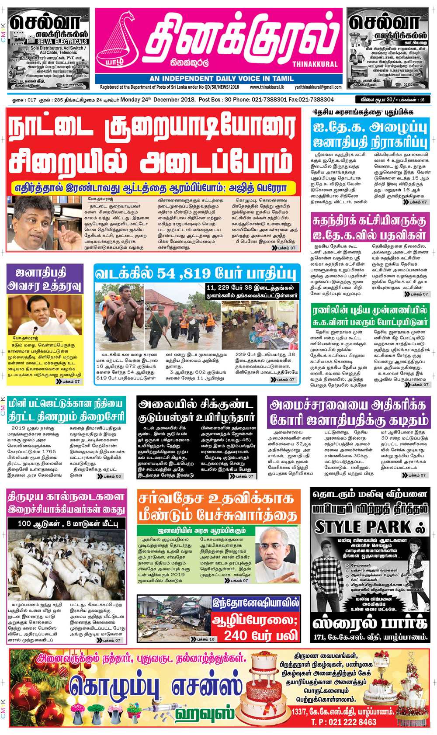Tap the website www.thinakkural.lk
click(x=267, y=87)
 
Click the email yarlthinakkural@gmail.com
click(x=318, y=87)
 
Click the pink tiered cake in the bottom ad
click(x=267, y=689)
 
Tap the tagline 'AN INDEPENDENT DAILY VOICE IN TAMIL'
click(x=221, y=79)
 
